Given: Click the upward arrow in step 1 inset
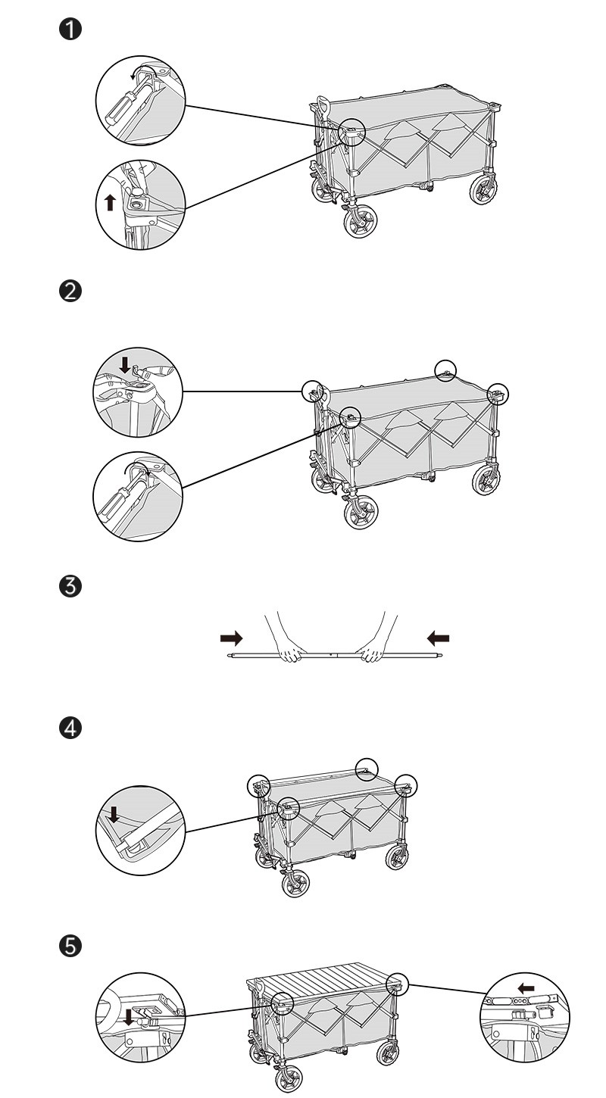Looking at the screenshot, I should pyautogui.click(x=111, y=202).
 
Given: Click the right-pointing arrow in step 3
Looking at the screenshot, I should pyautogui.click(x=231, y=638).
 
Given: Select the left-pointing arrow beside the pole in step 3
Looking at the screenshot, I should pyautogui.click(x=438, y=638).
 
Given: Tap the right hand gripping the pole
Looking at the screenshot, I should pyautogui.click(x=372, y=650).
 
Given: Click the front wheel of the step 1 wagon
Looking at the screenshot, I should pyautogui.click(x=360, y=221).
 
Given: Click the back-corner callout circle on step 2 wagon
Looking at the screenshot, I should pyautogui.click(x=446, y=370).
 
